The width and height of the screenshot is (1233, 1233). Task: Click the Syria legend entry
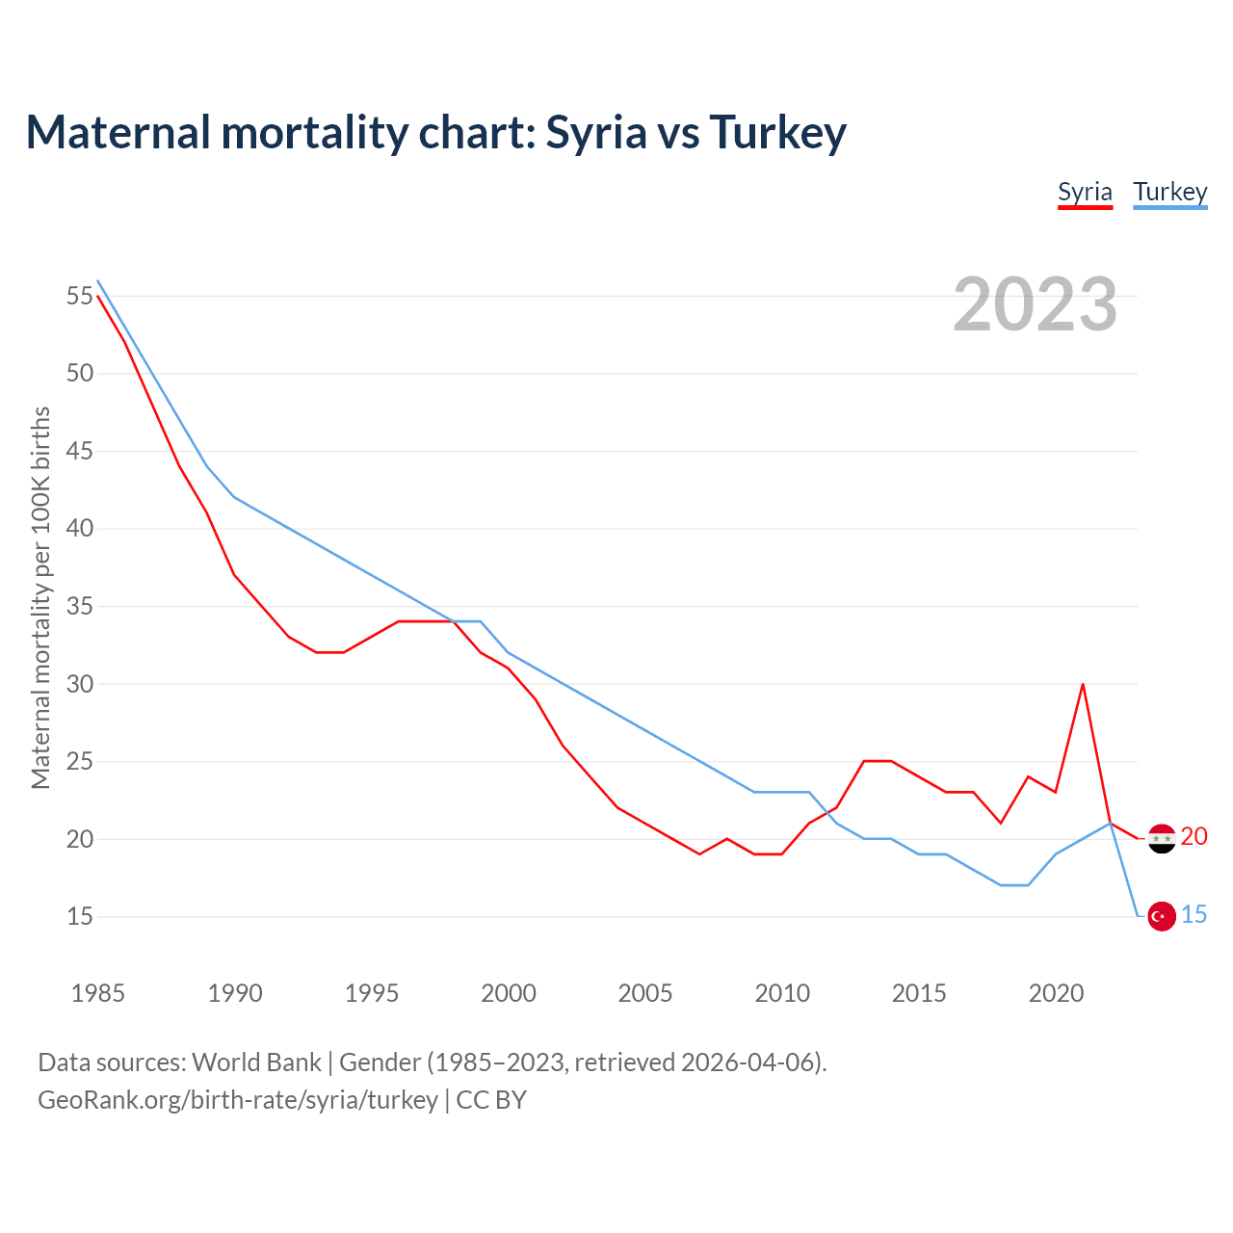coord(1085,192)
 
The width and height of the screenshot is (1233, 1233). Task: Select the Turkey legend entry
coord(1169,192)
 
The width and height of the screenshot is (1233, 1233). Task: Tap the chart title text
coord(435,132)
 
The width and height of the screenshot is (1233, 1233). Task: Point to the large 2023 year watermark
coord(1035,304)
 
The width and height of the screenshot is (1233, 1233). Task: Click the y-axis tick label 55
coord(80,296)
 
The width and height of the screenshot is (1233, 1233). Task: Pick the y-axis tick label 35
coord(80,607)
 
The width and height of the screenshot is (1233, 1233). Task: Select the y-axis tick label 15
coord(80,917)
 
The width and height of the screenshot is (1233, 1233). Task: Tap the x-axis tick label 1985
coord(98,993)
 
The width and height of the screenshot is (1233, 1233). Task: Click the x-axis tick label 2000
coord(509,993)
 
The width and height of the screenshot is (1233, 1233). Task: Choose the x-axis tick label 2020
coord(1056,993)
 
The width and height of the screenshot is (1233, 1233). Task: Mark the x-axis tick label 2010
coord(782,993)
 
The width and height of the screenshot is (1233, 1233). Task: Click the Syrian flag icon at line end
coord(1162,839)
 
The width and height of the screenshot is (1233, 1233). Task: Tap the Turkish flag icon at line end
coord(1162,917)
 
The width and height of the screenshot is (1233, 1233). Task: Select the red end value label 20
coord(1194,836)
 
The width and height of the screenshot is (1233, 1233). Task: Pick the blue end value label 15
coord(1194,914)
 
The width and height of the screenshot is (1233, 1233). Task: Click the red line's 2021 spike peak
coord(1083,684)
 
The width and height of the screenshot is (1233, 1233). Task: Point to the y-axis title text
coord(40,597)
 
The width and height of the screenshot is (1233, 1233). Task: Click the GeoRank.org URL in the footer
coord(238,1100)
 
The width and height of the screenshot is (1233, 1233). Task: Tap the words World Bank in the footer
coord(256,1062)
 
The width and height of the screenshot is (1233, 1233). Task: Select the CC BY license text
coord(491,1100)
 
